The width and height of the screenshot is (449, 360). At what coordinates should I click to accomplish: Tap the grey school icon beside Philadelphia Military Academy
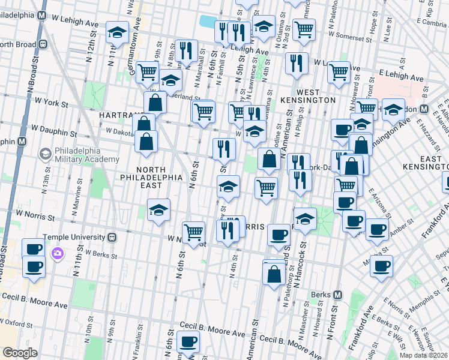click(x=45, y=154)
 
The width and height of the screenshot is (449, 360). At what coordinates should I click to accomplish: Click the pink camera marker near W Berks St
click(x=58, y=253)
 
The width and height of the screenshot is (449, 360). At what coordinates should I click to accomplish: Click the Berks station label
click(x=321, y=295)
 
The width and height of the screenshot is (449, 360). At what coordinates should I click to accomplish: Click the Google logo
click(x=20, y=353)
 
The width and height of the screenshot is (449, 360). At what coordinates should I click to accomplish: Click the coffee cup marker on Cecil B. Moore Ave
click(x=188, y=343)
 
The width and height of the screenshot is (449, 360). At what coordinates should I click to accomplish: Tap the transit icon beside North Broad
click(x=43, y=44)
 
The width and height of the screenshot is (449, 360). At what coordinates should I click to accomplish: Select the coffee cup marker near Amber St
click(x=377, y=229)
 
